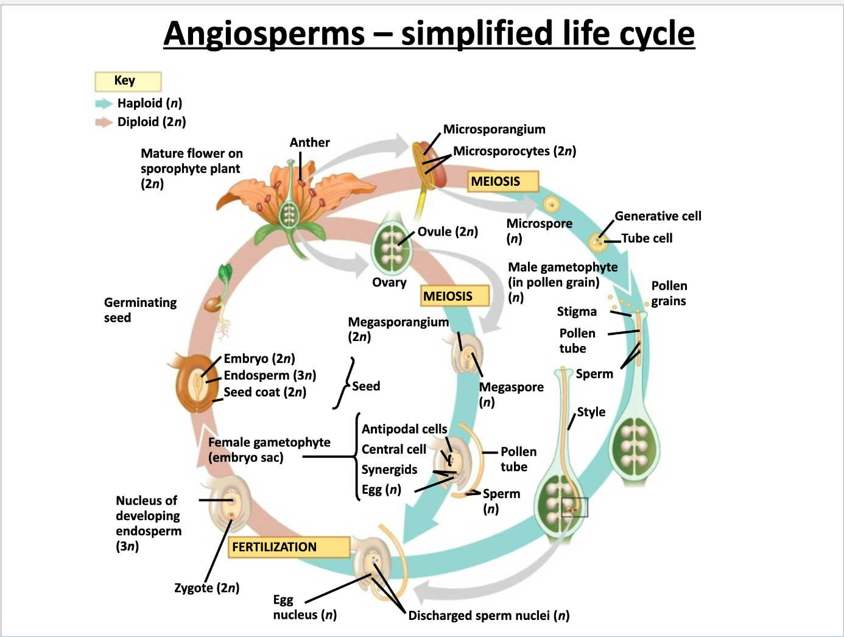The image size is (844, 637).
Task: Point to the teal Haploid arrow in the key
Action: click(104, 104)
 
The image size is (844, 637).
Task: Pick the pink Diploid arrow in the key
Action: click(104, 122)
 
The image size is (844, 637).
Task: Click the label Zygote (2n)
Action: click(206, 588)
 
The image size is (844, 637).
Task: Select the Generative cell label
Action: click(658, 216)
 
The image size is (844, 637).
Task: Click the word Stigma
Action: click(577, 312)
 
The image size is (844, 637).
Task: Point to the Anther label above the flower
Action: click(309, 143)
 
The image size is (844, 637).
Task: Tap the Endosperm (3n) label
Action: click(270, 375)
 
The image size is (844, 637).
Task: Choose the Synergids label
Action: click(389, 470)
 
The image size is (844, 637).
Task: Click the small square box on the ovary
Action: click(574, 507)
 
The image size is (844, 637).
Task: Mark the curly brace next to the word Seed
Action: click(344, 384)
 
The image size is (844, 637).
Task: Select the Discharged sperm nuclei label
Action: click(488, 616)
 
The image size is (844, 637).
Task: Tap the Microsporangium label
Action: click(494, 129)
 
